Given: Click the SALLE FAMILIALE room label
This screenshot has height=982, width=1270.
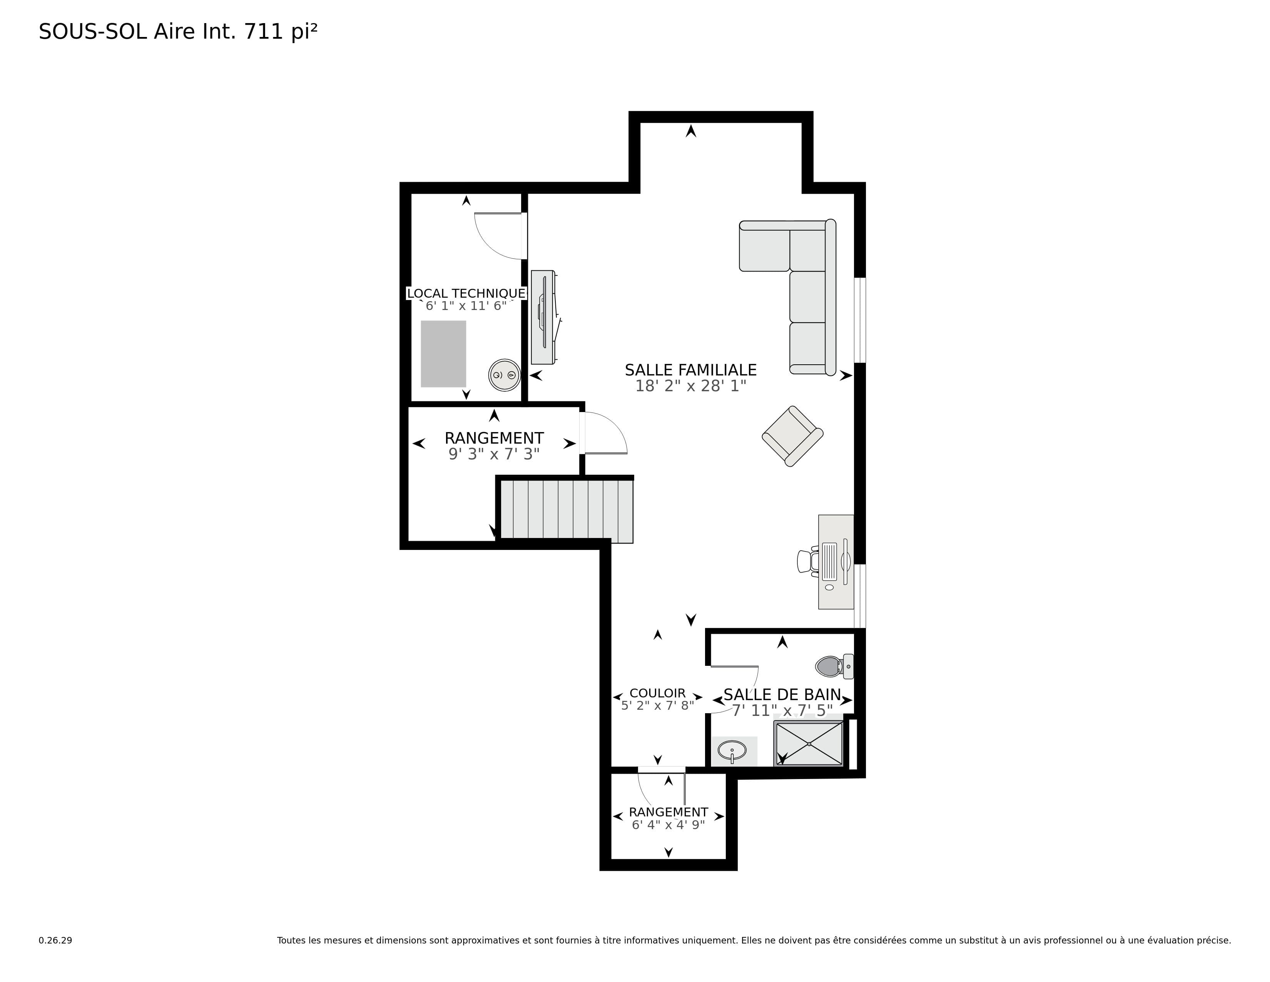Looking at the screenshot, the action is tap(690, 370).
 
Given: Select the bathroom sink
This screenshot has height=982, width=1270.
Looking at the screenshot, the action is tap(732, 751).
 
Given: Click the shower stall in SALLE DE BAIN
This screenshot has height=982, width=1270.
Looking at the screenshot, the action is tap(808, 743).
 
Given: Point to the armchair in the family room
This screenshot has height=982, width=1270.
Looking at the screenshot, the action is tap(792, 436).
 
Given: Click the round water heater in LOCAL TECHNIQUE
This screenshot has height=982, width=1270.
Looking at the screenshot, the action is tap(504, 375).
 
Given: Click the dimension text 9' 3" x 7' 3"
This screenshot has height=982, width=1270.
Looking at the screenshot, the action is tap(494, 454).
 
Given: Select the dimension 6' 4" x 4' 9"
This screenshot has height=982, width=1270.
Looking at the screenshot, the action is tap(668, 825).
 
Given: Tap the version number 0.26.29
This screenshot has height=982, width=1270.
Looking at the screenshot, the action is tap(55, 940).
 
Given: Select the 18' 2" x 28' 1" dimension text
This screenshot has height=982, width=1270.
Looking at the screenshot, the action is tap(690, 386).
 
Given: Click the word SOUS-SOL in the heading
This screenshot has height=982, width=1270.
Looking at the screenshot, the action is tap(92, 32).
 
